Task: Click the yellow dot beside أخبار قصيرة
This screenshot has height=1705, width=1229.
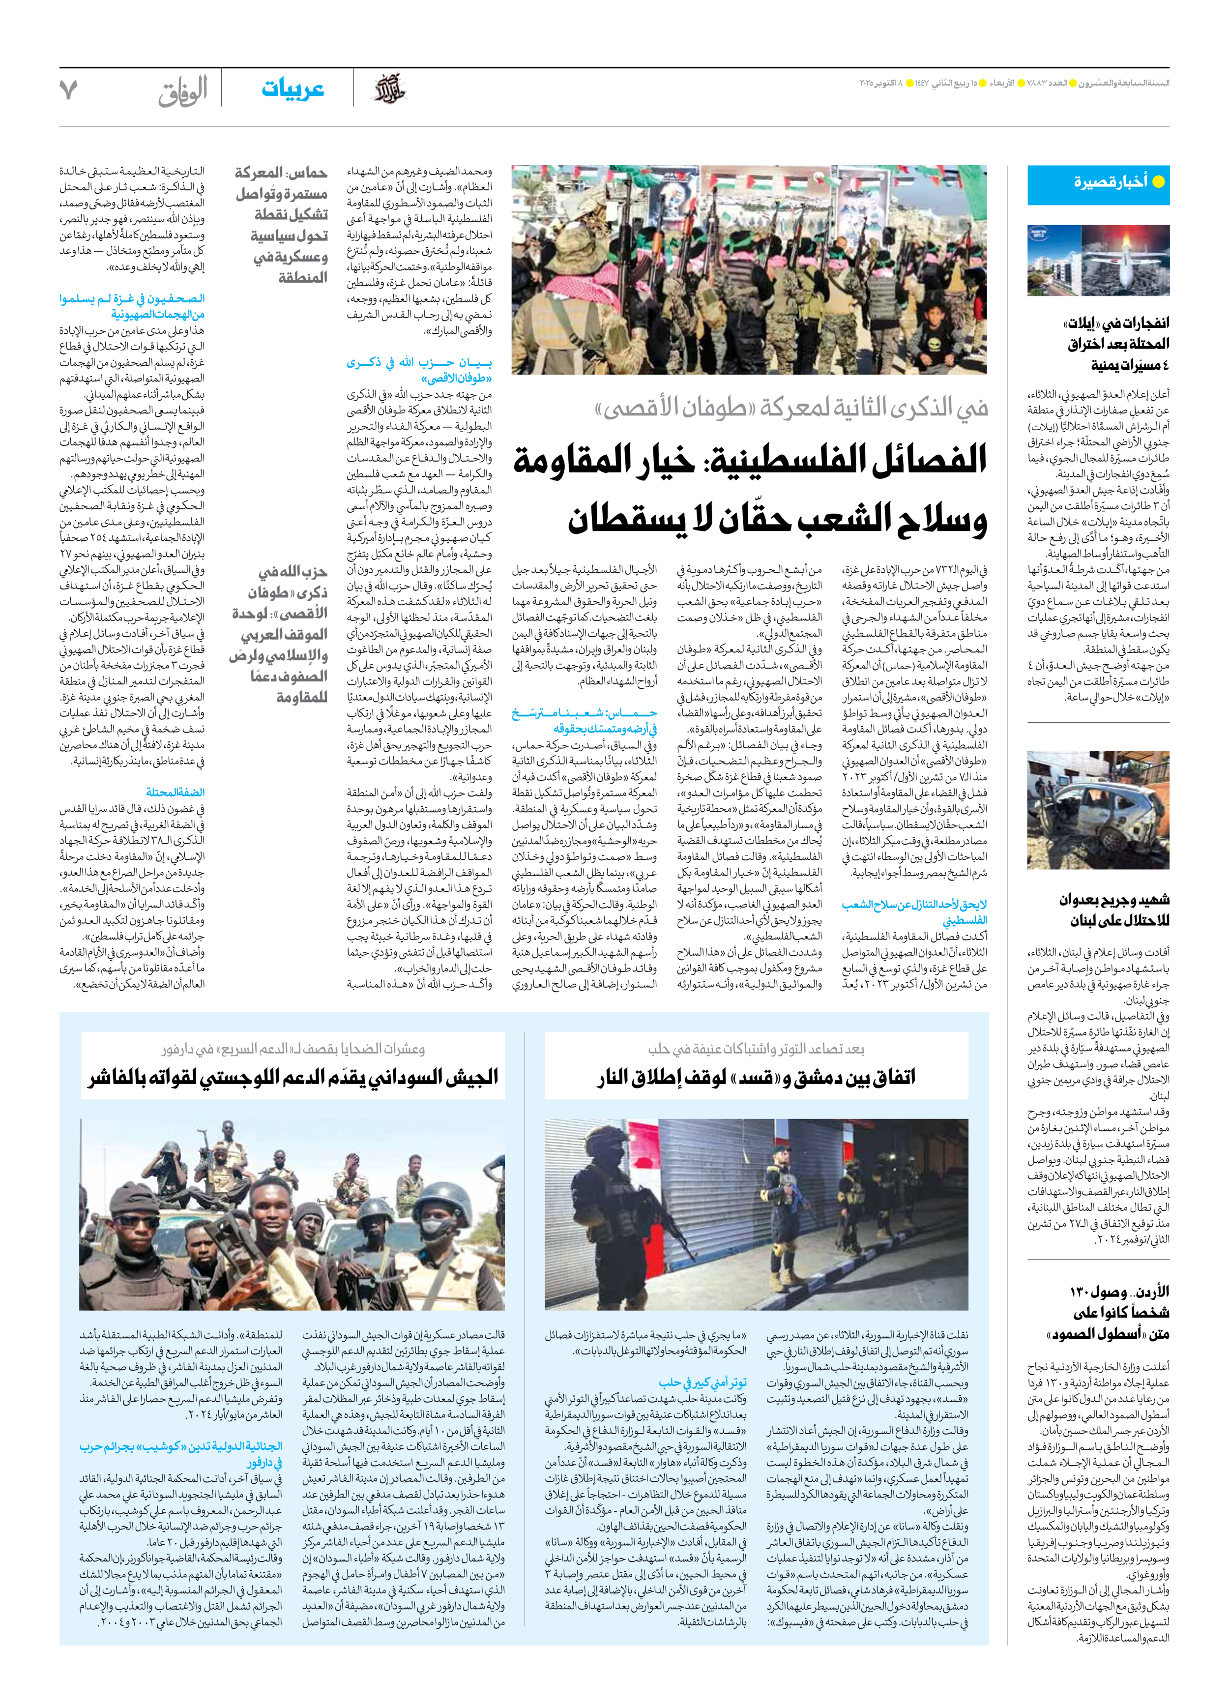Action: [1158, 181]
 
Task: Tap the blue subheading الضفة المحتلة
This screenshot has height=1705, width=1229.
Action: [175, 793]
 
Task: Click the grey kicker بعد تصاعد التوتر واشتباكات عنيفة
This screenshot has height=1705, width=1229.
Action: [756, 1049]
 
